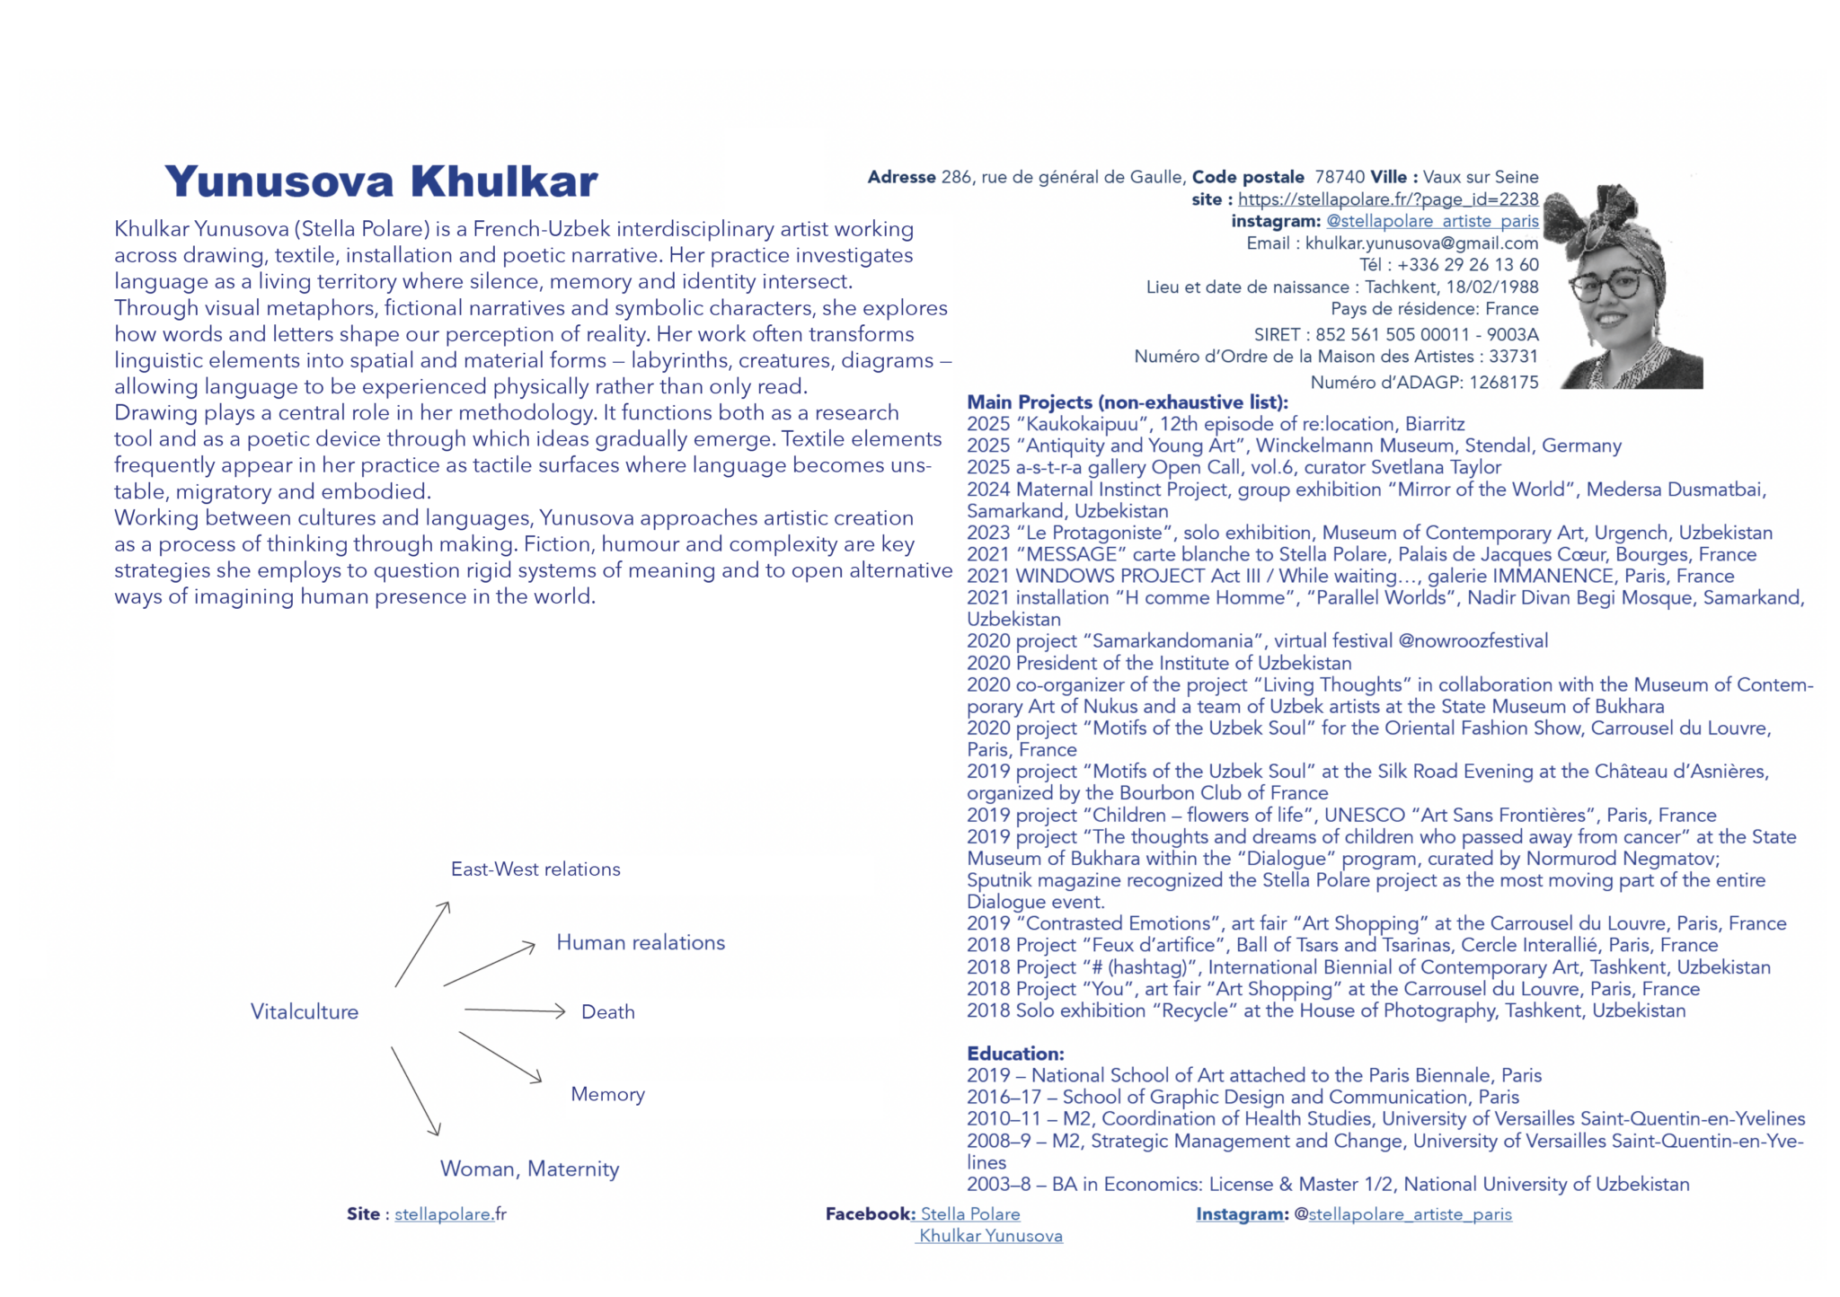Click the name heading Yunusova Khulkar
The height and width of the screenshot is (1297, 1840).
click(381, 181)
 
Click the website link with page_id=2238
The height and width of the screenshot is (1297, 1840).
click(1387, 199)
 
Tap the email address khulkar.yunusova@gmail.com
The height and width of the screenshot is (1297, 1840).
click(1421, 243)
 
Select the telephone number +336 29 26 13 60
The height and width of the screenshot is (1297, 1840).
click(1467, 265)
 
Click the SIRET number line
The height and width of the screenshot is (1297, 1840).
click(1395, 335)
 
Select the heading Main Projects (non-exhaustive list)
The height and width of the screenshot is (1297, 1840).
click(1127, 402)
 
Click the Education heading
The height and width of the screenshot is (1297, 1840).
click(1015, 1054)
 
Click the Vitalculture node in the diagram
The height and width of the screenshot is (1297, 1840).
click(304, 1012)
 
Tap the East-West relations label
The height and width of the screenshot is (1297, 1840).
click(535, 869)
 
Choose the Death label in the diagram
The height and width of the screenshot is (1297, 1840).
click(607, 1012)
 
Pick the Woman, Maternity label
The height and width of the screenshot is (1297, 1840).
click(529, 1169)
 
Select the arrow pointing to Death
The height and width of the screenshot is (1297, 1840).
click(514, 1011)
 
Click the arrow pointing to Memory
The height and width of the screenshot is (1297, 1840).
click(500, 1056)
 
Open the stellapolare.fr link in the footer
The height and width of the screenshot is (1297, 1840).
click(449, 1214)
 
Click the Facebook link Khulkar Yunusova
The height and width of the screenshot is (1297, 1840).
click(990, 1236)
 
